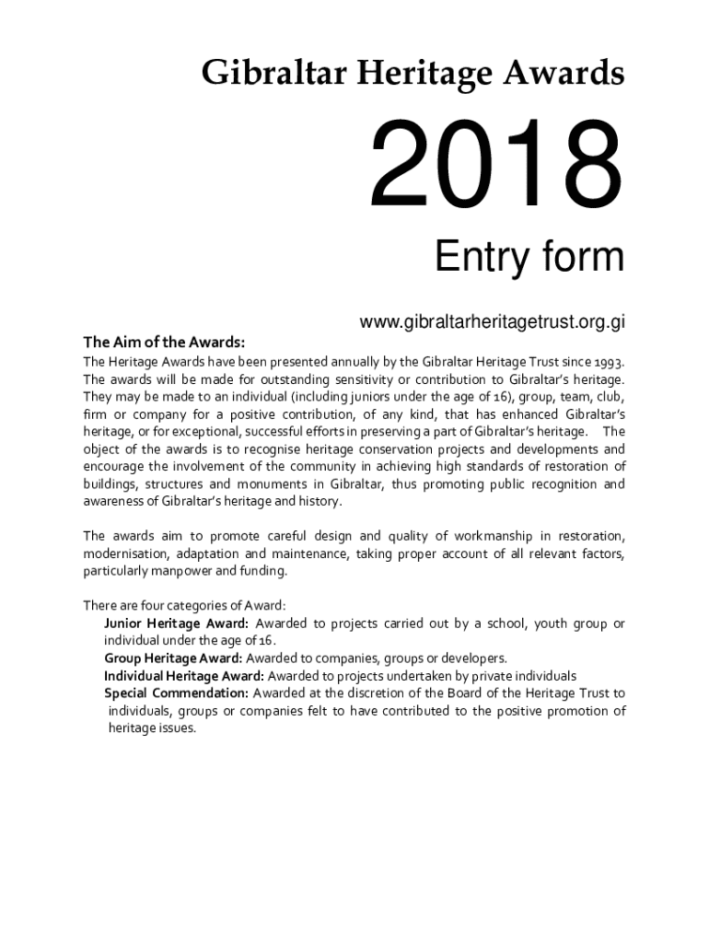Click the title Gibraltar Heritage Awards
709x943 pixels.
click(x=413, y=73)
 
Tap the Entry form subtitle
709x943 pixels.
click(x=529, y=258)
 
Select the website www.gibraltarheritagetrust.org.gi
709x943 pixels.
click(x=493, y=322)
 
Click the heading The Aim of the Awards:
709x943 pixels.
click(x=164, y=343)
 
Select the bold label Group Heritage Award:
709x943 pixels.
click(x=173, y=658)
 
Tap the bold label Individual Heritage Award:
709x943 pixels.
click(x=183, y=676)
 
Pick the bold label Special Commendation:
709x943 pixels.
click(x=176, y=693)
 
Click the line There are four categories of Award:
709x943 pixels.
click(x=184, y=606)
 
